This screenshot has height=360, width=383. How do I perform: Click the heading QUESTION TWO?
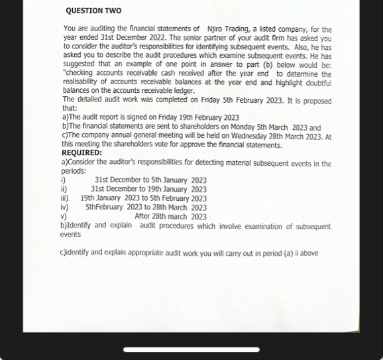pyautogui.click(x=93, y=11)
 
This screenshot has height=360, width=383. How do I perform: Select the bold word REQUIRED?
pyautogui.click(x=82, y=152)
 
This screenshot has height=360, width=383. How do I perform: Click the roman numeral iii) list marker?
pyautogui.click(x=65, y=198)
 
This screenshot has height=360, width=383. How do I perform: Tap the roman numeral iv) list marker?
pyautogui.click(x=65, y=207)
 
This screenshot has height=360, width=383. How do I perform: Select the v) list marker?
pyautogui.click(x=64, y=216)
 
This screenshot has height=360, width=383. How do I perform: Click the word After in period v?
pyautogui.click(x=145, y=216)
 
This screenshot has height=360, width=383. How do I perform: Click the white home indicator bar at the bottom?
pyautogui.click(x=191, y=349)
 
